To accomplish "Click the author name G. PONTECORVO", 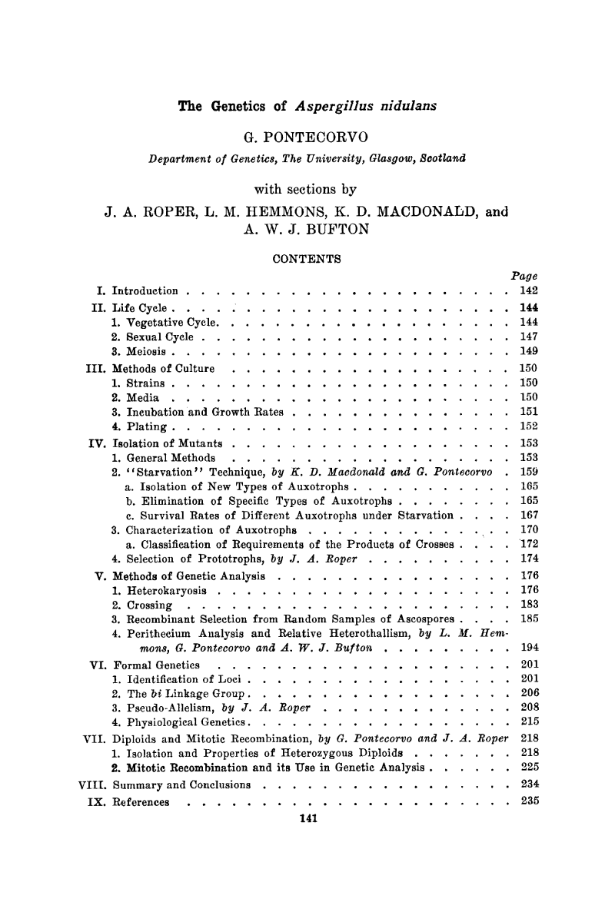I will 307,138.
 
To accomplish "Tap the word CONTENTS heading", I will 307,259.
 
